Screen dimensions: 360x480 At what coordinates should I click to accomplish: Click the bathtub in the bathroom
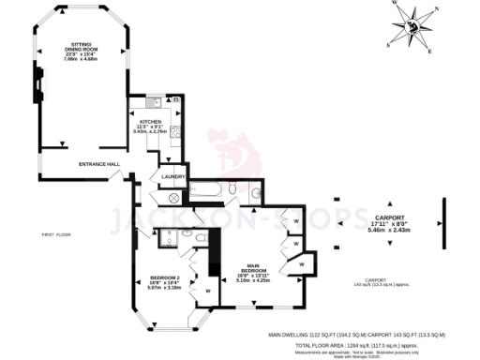(x=216, y=195)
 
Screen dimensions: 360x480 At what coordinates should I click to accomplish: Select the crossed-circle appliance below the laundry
(x=173, y=199)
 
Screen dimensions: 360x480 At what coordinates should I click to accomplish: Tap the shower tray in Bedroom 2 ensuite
(x=171, y=236)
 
